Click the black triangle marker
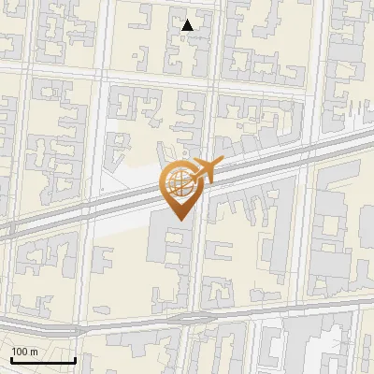pos(188,25)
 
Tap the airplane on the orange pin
pos(204,169)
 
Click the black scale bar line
pos(43,361)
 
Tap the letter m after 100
pos(34,352)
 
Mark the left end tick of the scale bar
pos(11,359)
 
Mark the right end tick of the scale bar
pos(75,359)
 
